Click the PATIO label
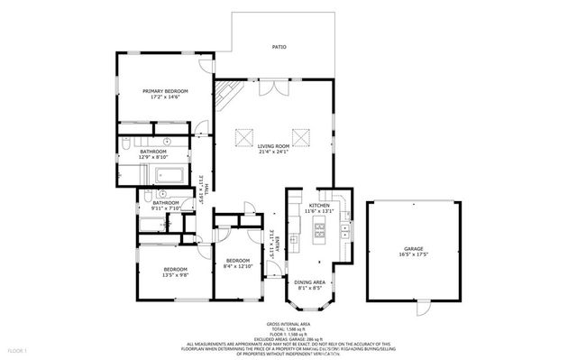pyautogui.click(x=280, y=46)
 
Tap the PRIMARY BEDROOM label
pyautogui.click(x=164, y=91)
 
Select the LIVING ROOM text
pyautogui.click(x=273, y=145)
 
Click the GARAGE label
pyautogui.click(x=414, y=248)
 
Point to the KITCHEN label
pyautogui.click(x=320, y=206)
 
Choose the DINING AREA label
pyautogui.click(x=311, y=283)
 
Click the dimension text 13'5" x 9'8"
pyautogui.click(x=175, y=275)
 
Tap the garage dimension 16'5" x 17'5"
pyautogui.click(x=414, y=254)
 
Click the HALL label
pyautogui.click(x=206, y=188)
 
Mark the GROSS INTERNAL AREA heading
pyautogui.click(x=288, y=322)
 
